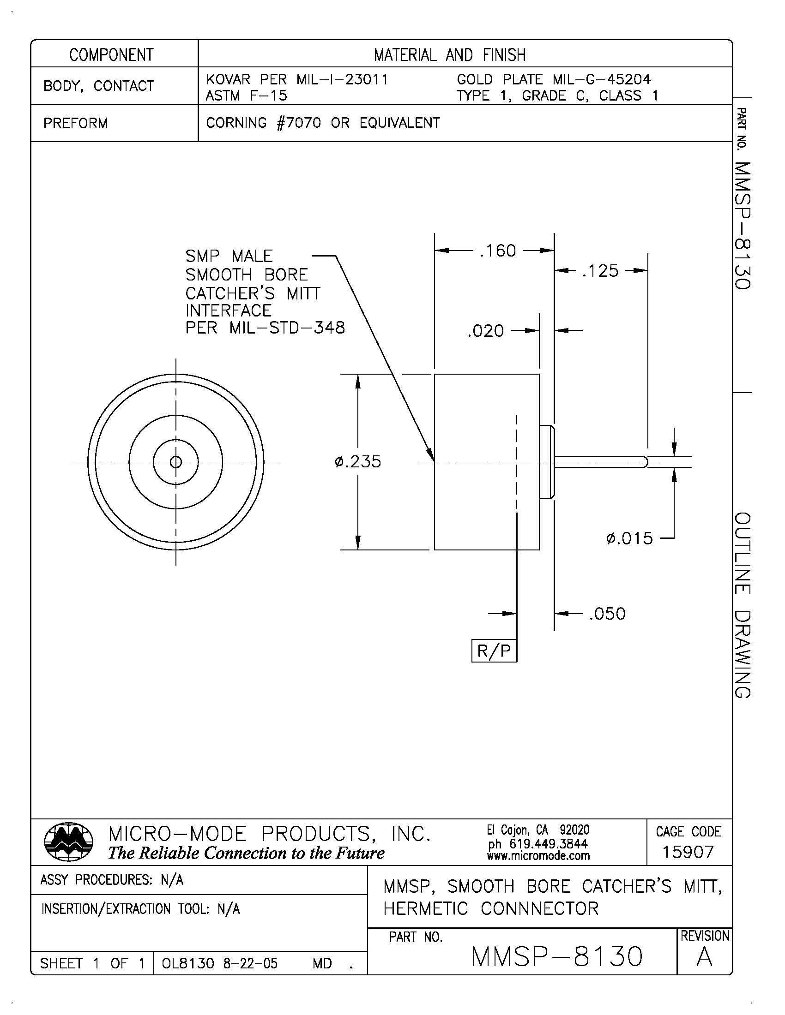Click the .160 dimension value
point(498,251)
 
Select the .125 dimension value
point(600,271)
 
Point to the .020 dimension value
point(485,331)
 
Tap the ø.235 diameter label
point(357,462)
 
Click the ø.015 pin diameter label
point(630,538)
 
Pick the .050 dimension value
point(607,614)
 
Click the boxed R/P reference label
point(494,651)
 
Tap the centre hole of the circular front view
point(176,462)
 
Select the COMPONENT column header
point(112,55)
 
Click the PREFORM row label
point(75,123)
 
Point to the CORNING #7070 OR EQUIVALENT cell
point(323,123)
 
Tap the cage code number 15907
point(688,852)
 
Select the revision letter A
point(704,958)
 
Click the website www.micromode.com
point(538,855)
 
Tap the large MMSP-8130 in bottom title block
point(557,957)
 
